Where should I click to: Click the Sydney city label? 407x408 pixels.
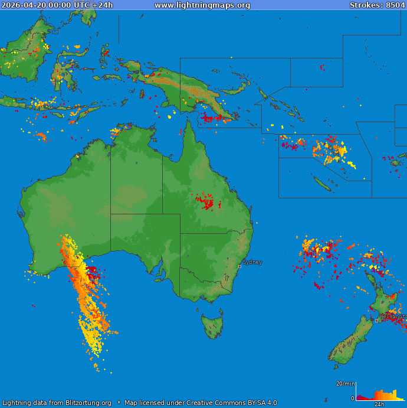(x=252, y=262)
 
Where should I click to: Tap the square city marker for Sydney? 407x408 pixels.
(x=239, y=266)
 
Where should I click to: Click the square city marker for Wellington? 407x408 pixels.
(x=376, y=321)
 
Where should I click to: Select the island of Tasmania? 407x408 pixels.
(x=212, y=326)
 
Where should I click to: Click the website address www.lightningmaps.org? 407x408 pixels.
(x=202, y=5)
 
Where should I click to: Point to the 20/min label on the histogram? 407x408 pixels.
(x=346, y=384)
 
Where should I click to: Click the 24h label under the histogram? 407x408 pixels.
(x=379, y=404)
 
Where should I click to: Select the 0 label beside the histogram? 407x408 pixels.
(x=352, y=399)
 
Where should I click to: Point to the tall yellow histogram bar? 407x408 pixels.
(x=394, y=394)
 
